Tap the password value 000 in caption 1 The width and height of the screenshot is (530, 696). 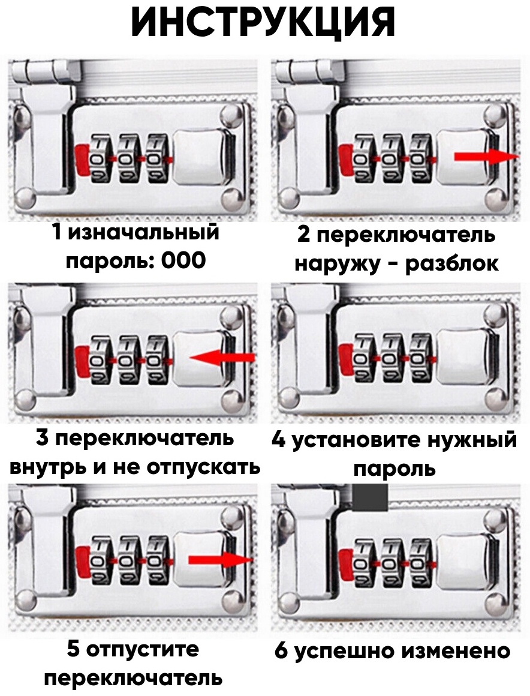pos(183,260)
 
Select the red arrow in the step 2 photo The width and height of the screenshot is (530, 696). pos(487,156)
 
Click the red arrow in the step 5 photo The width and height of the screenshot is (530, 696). pos(221,560)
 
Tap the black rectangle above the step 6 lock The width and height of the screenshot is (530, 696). pos(371,497)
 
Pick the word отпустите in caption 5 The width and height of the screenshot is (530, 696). pos(143,650)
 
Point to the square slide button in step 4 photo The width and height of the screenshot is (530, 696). pos(461,358)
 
